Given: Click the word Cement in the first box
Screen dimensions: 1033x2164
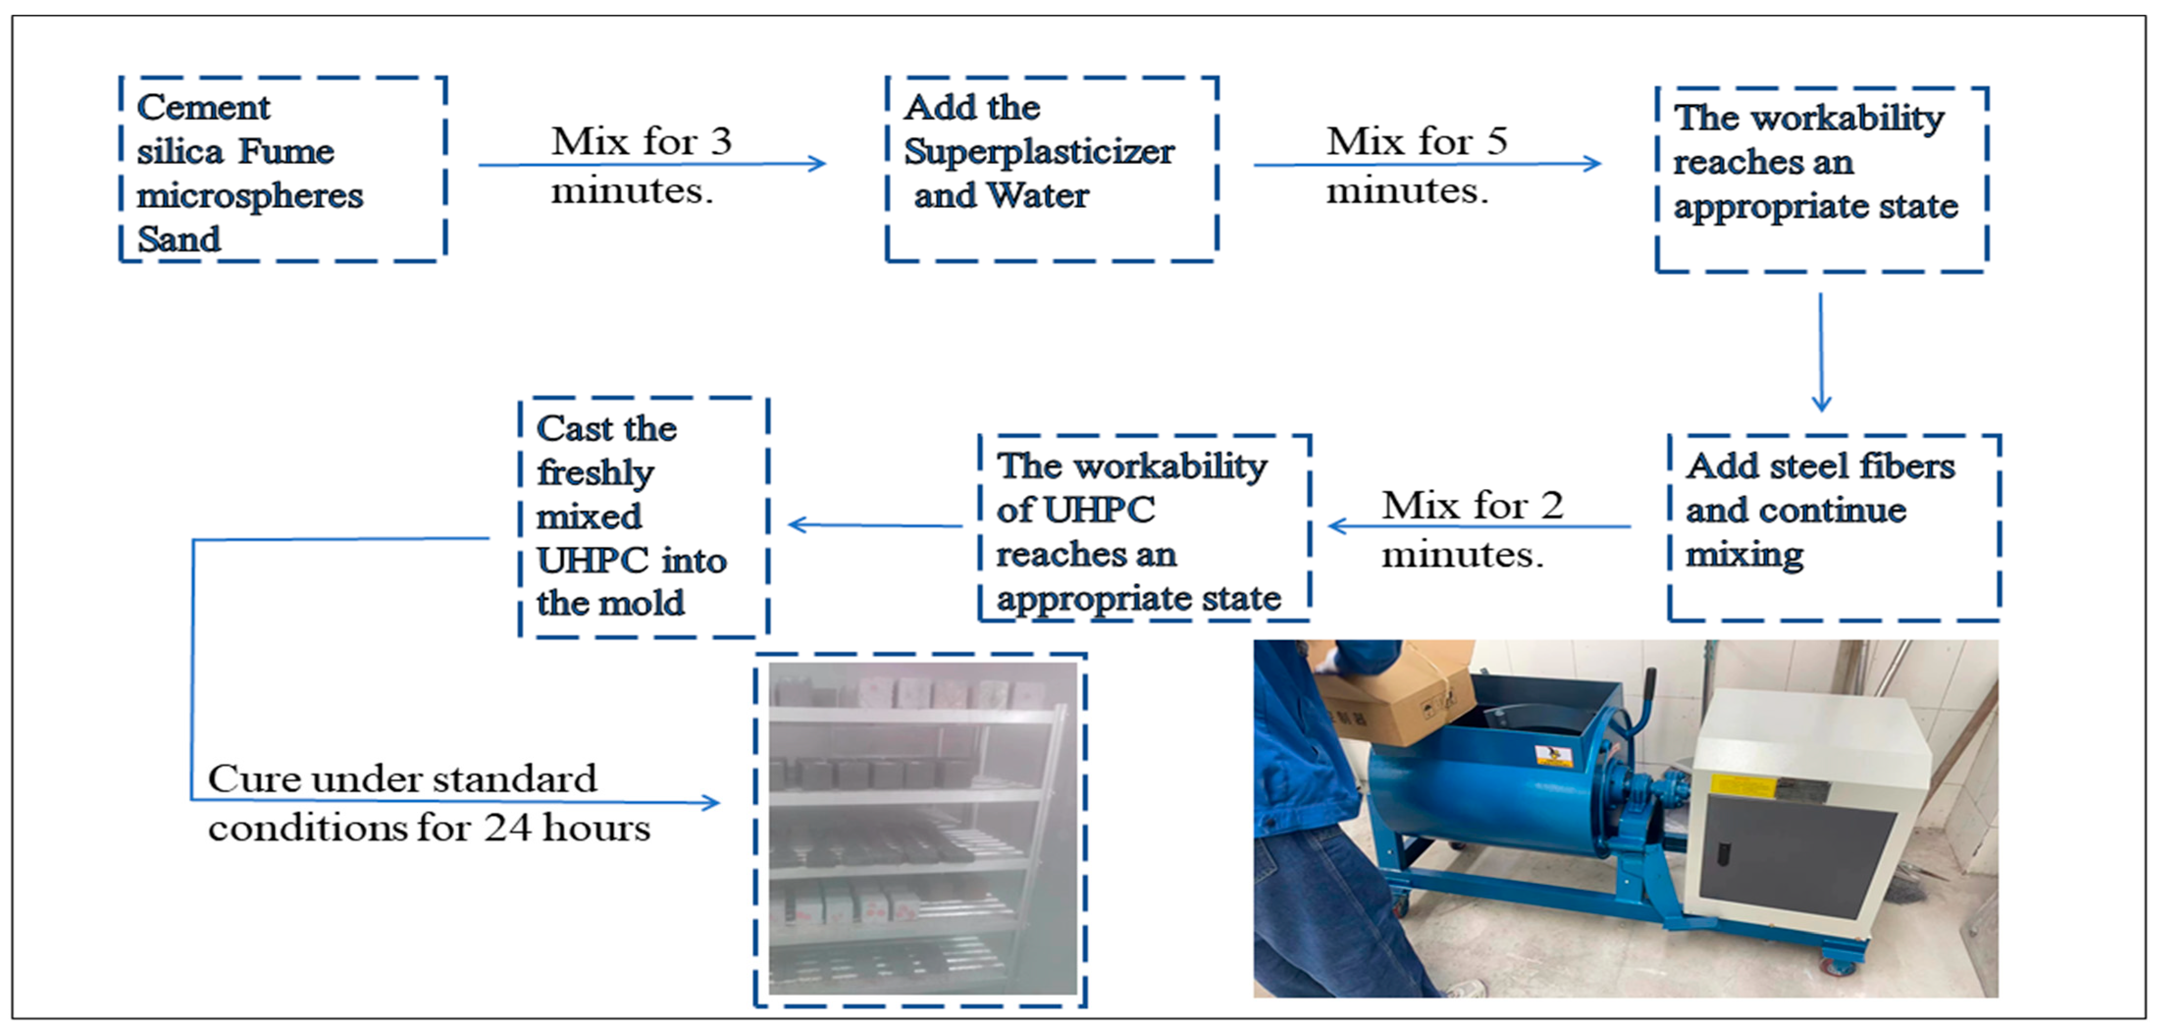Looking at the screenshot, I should (203, 107).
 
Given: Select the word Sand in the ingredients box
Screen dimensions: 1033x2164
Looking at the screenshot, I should (179, 239).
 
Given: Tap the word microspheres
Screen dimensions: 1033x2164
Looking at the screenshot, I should (250, 196).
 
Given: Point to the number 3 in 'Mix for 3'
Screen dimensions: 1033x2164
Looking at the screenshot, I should (721, 141).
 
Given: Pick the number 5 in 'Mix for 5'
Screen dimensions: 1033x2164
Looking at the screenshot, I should (1496, 141).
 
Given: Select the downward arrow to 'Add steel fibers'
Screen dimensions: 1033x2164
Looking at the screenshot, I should (1820, 353).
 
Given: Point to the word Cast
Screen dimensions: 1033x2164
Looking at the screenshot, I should (575, 428).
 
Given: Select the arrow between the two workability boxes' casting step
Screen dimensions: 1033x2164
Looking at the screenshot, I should (874, 526).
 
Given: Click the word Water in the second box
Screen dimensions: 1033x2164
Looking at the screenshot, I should (1038, 196).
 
